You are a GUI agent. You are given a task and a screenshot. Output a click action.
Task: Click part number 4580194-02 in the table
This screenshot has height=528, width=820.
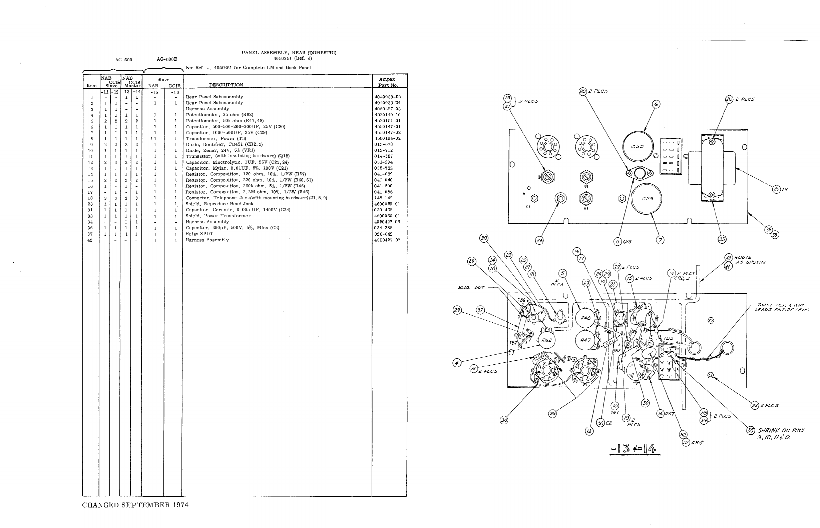coord(387,139)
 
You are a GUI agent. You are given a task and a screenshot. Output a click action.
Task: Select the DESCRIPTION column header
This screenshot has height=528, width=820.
coord(226,85)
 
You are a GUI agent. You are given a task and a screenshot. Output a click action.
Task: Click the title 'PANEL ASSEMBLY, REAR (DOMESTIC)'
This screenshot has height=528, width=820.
coord(289,53)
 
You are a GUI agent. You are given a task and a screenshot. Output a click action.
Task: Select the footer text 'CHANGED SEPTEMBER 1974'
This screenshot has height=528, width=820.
coord(135,505)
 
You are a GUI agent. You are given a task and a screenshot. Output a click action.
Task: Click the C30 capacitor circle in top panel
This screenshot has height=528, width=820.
coord(637,147)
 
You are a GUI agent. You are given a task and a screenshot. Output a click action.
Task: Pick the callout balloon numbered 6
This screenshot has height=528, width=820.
coord(656,104)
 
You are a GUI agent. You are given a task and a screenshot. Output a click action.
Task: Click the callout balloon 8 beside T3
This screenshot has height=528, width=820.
coord(776,189)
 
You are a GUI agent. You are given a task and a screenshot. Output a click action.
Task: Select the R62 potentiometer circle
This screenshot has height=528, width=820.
coord(546,340)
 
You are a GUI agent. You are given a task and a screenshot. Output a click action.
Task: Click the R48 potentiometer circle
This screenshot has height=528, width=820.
coord(585,318)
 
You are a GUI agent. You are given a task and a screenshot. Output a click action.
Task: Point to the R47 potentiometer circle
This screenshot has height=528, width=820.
coord(585,340)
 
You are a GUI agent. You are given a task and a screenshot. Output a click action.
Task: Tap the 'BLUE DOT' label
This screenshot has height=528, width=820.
coord(471,288)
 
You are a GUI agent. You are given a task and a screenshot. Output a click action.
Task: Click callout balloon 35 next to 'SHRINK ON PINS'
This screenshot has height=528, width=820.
coord(751,430)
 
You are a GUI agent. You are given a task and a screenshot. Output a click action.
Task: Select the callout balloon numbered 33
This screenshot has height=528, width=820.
coord(722,239)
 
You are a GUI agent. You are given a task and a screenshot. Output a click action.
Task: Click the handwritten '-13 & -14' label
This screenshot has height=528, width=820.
coord(635,448)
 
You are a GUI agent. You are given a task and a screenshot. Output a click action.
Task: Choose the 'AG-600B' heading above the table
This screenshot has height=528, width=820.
coord(167,59)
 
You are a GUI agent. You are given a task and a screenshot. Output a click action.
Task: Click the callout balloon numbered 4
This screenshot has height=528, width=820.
coord(457,362)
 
